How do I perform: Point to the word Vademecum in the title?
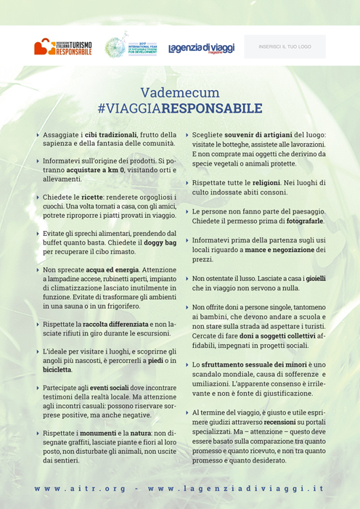point(179,93)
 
